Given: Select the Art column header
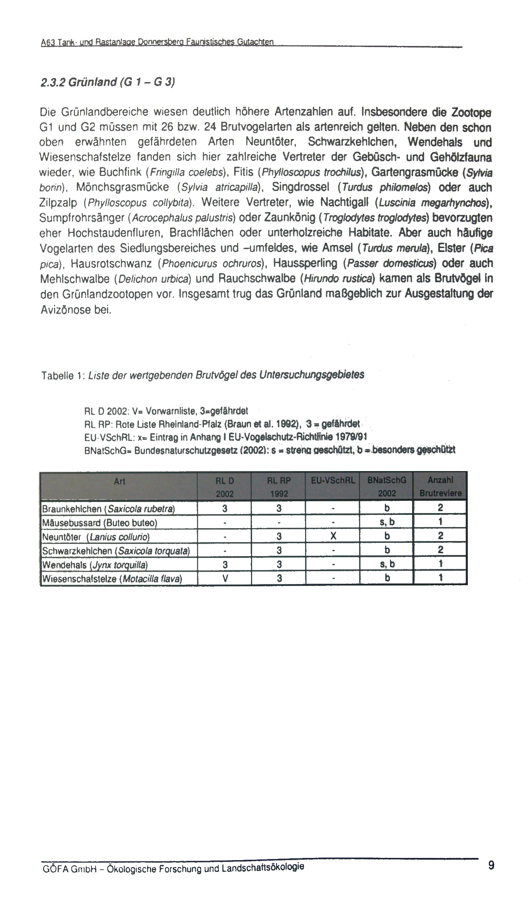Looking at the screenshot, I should pyautogui.click(x=119, y=481).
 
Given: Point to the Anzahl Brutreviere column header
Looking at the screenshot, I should pyautogui.click(x=440, y=487).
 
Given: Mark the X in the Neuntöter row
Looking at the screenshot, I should pyautogui.click(x=333, y=537).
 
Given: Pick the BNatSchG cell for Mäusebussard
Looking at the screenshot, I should pyautogui.click(x=387, y=522).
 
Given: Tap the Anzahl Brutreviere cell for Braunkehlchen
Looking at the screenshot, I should pyautogui.click(x=440, y=509).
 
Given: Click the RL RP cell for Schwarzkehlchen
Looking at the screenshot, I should pyautogui.click(x=279, y=551).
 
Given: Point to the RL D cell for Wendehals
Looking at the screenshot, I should pyautogui.click(x=225, y=565).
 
